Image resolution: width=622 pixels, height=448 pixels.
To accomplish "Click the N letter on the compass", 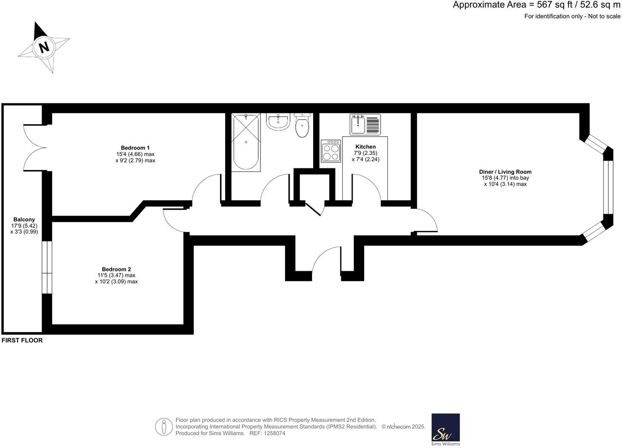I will click(x=44, y=47).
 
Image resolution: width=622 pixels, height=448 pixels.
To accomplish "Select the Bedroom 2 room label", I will click(x=116, y=269).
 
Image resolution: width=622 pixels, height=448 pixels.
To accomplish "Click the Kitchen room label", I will click(x=365, y=147).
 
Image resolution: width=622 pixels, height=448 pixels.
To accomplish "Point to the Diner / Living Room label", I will click(x=505, y=172).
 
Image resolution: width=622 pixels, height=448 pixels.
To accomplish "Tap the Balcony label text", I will click(x=24, y=219).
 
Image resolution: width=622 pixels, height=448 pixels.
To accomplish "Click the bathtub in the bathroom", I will click(x=246, y=142).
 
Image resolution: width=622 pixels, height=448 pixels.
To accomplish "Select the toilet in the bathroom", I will click(x=302, y=126).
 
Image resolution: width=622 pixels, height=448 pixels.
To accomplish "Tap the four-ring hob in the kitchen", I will click(x=331, y=151).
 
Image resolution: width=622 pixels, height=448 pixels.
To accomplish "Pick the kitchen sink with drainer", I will click(x=365, y=124).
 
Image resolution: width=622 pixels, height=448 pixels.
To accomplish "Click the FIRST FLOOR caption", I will click(x=22, y=340).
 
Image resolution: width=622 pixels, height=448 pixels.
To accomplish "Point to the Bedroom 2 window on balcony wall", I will click(x=47, y=267).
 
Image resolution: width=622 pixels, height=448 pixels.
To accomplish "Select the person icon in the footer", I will click(x=164, y=427).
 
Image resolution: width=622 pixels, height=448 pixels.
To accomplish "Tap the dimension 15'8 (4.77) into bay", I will click(x=505, y=178).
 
